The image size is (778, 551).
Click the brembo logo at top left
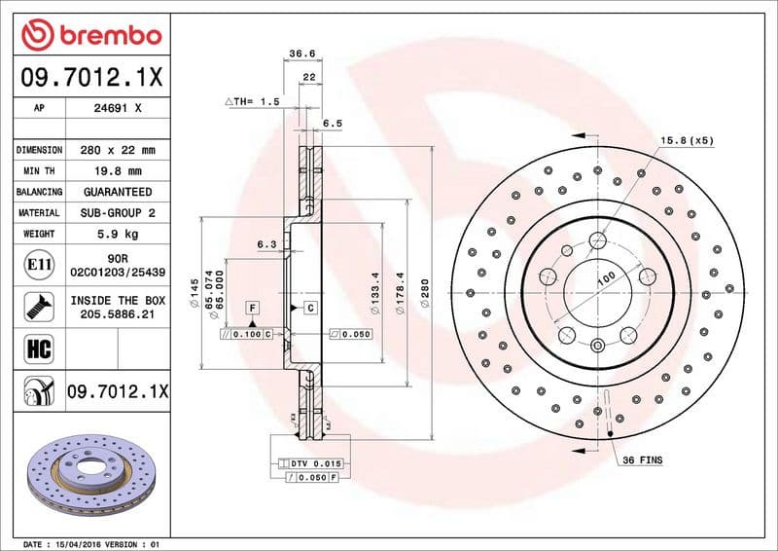[90, 35]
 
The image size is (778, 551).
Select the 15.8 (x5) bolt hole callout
[688, 140]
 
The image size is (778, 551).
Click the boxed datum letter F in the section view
[252, 308]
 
